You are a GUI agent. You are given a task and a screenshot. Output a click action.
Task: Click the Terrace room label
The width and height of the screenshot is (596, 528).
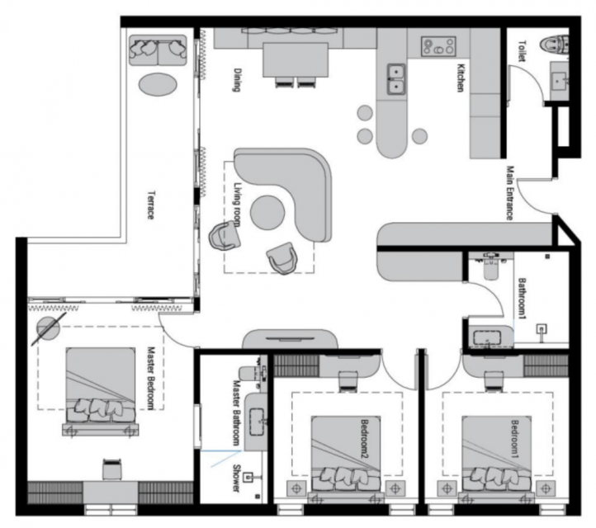point(151,205)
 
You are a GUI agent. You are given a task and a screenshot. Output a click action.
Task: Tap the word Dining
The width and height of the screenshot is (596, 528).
point(237,80)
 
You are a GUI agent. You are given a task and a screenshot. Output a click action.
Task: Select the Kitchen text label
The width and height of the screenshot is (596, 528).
point(461,78)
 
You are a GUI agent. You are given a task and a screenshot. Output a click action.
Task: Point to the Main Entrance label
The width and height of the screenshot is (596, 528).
point(510,193)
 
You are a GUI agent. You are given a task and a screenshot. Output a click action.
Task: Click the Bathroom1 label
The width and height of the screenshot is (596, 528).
point(522,299)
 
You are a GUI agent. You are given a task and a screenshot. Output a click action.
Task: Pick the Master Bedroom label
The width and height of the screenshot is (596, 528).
point(152,379)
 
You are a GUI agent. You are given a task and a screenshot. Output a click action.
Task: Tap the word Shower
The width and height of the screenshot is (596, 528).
point(236,478)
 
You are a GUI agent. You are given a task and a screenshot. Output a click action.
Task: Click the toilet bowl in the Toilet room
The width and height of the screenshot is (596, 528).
point(555,44)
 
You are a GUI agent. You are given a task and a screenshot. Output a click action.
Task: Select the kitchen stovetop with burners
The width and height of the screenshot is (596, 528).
point(438,47)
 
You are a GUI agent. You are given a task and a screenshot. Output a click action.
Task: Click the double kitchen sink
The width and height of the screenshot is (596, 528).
point(396,79)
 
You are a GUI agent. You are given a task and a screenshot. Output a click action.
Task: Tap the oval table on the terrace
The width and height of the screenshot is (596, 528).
point(158,84)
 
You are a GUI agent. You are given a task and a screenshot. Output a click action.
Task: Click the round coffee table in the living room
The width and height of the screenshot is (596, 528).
point(267,213)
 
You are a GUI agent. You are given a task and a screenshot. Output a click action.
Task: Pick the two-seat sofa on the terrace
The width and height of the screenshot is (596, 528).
point(158,50)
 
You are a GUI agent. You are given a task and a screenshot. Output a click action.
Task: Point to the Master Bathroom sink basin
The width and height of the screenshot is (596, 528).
point(257,422)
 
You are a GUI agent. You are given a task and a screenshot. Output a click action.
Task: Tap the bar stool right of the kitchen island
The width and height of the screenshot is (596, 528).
point(419,136)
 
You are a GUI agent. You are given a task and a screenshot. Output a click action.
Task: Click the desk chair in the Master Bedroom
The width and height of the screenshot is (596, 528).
point(112,469)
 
